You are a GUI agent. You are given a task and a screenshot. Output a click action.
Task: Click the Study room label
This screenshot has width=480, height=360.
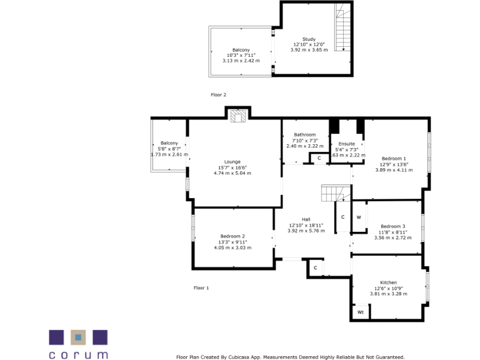pos(309,39)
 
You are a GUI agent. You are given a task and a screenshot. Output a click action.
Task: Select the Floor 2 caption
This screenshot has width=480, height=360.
pos(218,94)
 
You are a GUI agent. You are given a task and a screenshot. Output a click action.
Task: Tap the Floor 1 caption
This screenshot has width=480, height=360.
pos(201,287)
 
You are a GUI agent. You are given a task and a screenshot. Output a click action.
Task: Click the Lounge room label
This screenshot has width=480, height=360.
pos(232,161)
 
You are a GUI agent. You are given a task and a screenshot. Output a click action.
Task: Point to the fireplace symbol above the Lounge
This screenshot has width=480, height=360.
pos(238,116)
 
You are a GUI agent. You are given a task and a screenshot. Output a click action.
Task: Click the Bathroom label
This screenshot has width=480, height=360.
pos(305,134)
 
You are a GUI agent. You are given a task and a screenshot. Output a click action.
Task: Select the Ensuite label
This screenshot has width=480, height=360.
pos(346,144)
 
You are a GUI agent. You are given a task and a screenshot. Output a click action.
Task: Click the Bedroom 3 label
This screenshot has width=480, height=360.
pos(393,226)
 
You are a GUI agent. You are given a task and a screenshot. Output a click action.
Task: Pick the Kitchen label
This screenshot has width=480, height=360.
pos(389,282)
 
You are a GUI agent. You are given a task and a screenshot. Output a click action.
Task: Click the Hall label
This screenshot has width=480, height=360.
pos(306,219)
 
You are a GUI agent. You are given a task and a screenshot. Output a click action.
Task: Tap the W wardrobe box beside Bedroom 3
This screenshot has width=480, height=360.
pos(359,217)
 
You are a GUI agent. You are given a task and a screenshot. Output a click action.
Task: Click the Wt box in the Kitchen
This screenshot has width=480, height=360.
pos(360,312)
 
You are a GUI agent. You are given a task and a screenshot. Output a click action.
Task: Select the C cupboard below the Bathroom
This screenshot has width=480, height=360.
pos(319,159)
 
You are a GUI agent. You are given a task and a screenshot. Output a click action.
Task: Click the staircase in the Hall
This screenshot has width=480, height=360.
pos(332,193)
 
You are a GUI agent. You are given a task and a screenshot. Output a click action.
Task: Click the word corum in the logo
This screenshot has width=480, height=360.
pos(78,354)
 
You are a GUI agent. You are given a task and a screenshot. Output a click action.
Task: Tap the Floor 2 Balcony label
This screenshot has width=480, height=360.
pos(241,50)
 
